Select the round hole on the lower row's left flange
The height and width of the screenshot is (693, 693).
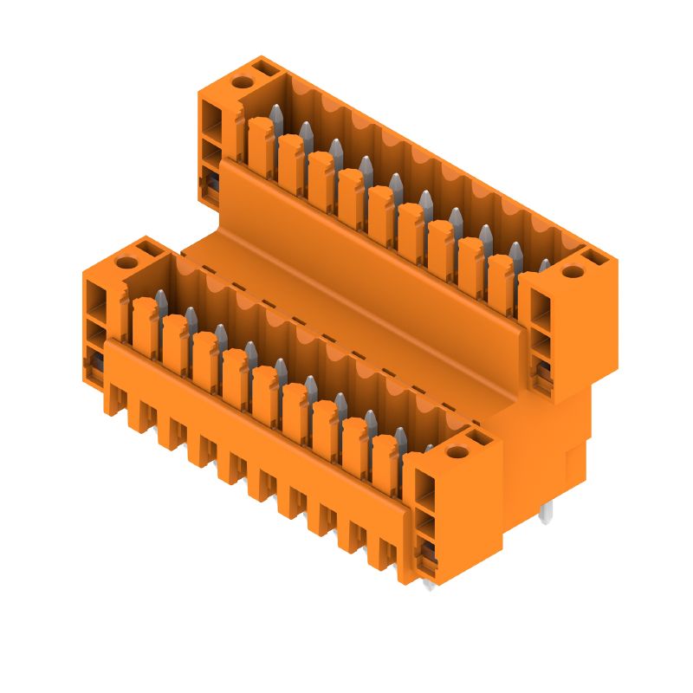126,262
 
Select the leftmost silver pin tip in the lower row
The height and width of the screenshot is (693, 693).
160,300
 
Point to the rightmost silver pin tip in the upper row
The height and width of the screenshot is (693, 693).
544,265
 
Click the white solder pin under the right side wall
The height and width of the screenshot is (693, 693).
546,514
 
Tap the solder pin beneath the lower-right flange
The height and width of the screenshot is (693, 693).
430,586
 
